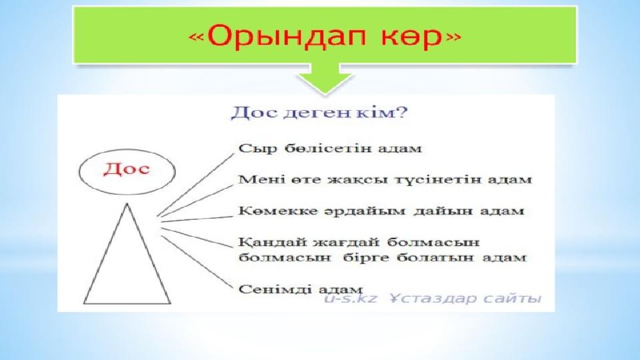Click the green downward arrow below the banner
[325, 79]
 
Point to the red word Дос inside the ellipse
[127, 168]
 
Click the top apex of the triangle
[127, 203]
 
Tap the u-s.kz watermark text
[351, 299]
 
